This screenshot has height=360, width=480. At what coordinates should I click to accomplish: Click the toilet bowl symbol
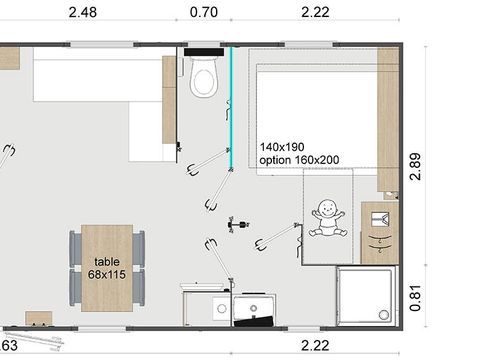[x=204, y=78]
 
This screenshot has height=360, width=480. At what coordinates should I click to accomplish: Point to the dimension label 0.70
[x=203, y=12]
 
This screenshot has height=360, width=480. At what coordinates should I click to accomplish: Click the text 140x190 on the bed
[x=281, y=145]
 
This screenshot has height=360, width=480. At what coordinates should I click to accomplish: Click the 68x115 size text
[x=107, y=273]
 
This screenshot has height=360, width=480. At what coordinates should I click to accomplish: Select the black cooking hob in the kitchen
[x=254, y=309]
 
